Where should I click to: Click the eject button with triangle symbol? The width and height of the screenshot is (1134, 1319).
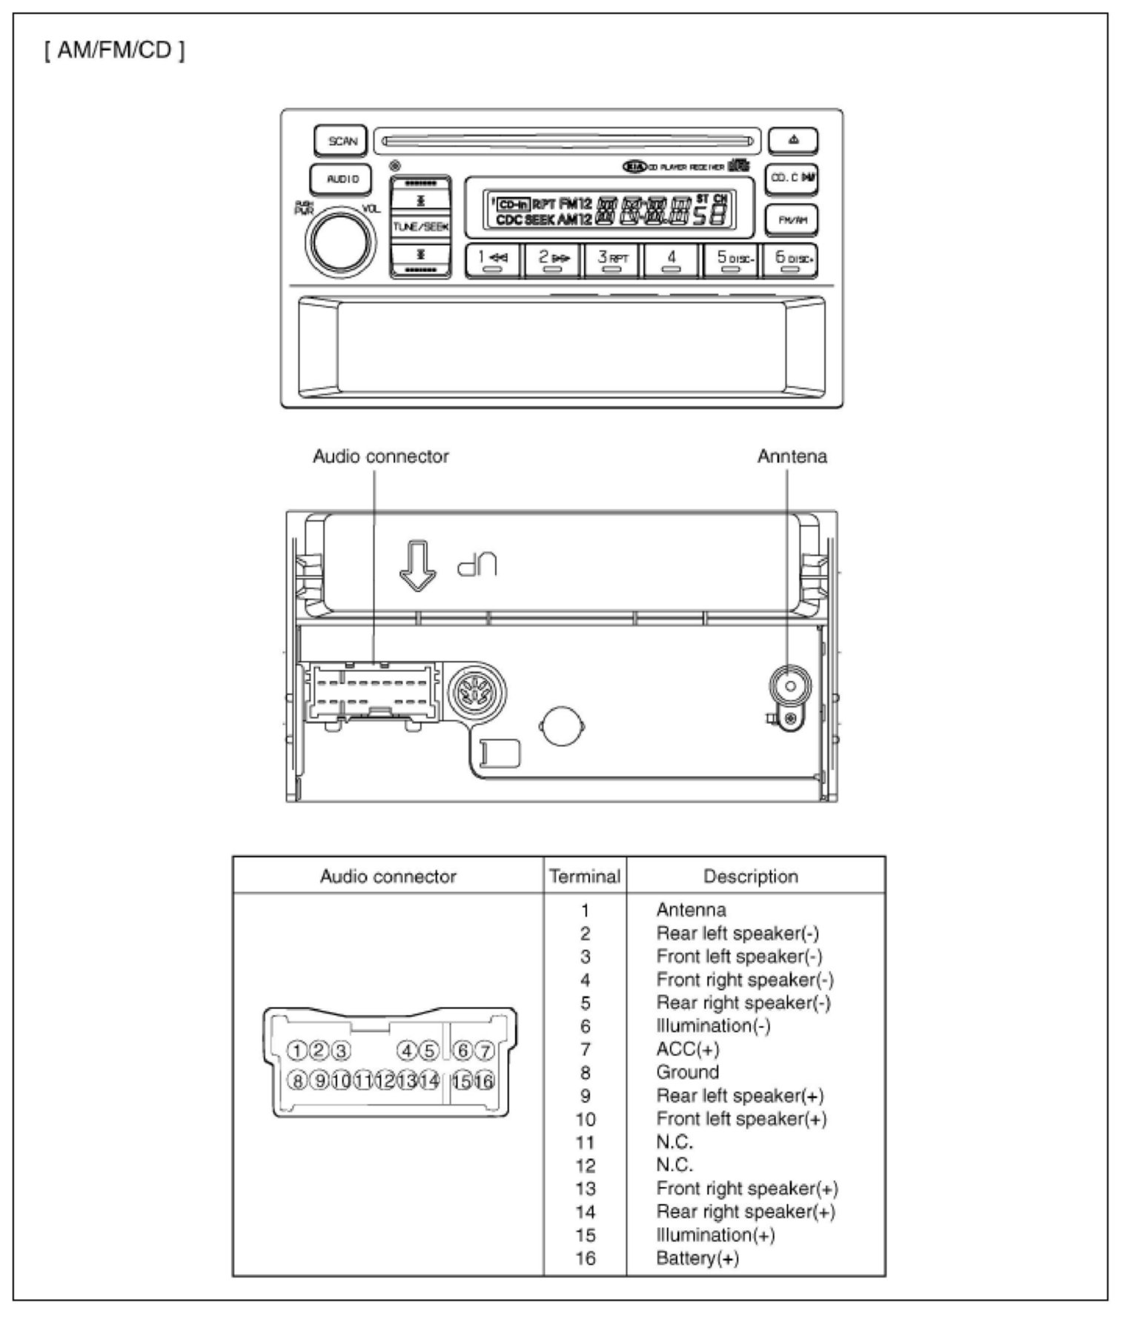point(793,140)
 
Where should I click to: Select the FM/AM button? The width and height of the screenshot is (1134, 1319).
point(792,220)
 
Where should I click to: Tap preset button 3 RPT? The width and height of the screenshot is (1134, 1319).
point(611,260)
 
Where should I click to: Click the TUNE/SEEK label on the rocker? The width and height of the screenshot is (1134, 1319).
point(420,227)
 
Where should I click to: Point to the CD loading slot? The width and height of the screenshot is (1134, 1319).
point(567,140)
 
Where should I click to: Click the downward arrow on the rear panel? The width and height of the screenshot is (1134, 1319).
point(418,565)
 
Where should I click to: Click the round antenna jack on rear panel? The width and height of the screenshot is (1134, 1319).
point(789,686)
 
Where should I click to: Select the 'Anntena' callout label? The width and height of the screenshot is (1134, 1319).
point(792,456)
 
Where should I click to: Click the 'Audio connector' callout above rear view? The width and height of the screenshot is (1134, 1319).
point(380,456)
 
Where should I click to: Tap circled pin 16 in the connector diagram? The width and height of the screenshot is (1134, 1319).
point(484,1081)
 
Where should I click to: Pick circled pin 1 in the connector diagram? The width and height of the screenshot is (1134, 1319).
point(296,1050)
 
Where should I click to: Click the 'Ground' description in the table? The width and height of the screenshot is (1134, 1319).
point(687,1072)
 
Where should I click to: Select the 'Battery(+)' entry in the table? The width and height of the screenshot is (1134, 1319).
point(697,1257)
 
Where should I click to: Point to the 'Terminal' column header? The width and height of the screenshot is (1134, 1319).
point(585,877)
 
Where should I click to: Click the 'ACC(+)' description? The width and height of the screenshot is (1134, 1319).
point(687,1049)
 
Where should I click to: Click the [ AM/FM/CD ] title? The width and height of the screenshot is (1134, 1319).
point(114,51)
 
